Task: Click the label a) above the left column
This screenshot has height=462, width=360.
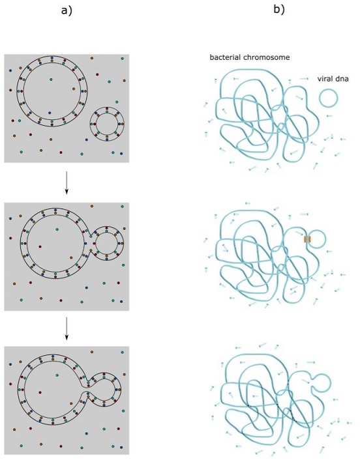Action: (67, 11)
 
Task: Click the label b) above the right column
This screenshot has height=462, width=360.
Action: (279, 10)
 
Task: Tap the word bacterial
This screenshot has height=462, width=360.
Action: (225, 57)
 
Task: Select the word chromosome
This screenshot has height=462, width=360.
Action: (266, 57)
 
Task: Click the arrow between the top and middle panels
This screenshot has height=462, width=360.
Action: (67, 182)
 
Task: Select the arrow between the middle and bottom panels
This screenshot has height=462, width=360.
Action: (67, 328)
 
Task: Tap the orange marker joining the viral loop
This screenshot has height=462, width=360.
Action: (308, 239)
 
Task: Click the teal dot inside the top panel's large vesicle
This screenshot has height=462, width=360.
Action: (51, 79)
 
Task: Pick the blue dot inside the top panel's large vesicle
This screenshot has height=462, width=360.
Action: (50, 113)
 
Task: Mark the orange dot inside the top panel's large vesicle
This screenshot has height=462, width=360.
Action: (74, 89)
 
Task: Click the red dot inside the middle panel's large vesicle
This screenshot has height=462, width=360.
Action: (40, 246)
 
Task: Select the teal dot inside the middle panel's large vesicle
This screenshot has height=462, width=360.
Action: (57, 229)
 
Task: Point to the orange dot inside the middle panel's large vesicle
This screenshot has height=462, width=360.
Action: (71, 257)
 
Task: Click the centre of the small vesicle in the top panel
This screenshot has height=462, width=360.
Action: (107, 124)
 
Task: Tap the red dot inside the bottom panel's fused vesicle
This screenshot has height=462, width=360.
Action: (40, 392)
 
